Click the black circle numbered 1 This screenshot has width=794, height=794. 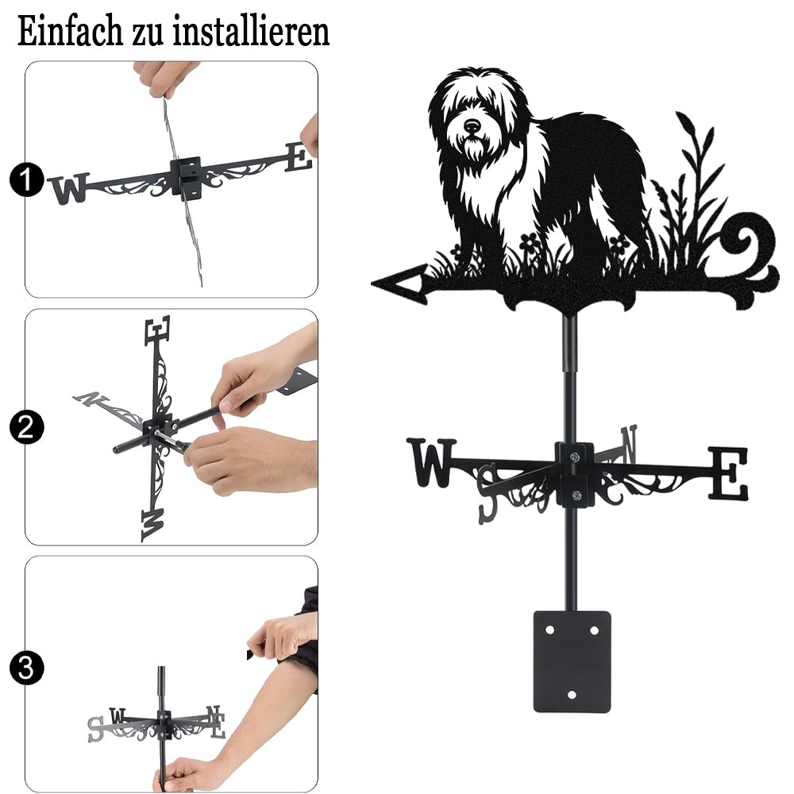click(26, 179)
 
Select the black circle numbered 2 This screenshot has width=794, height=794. click(26, 427)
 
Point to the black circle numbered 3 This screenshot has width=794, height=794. click(26, 668)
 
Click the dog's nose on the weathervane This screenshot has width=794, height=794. click(472, 125)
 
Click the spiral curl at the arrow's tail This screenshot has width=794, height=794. click(751, 247)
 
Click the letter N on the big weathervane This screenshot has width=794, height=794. click(629, 444)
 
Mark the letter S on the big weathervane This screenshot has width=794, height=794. click(488, 493)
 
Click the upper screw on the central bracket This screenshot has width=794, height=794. click(574, 458)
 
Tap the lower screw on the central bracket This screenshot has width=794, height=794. click(575, 495)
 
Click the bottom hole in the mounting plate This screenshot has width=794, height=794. click(572, 695)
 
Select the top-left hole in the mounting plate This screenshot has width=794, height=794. click(550, 630)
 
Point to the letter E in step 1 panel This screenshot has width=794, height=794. click(299, 156)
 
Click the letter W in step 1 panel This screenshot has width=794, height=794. click(69, 188)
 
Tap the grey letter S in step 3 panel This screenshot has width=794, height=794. click(94, 730)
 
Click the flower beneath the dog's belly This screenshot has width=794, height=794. click(530, 244)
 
